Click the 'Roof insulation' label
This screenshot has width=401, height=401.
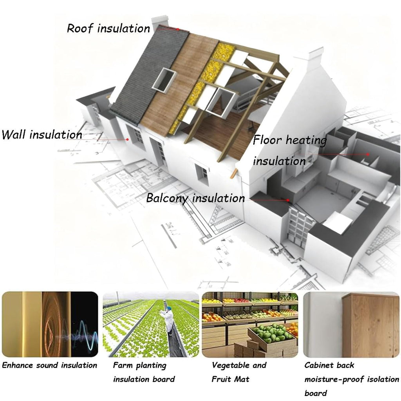tap(108, 28)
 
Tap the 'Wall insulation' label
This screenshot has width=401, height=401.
tap(42, 135)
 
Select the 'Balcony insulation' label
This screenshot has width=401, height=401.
tap(195, 198)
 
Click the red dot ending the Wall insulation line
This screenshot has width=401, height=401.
tap(127, 139)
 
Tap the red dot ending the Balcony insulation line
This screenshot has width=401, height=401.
tap(288, 200)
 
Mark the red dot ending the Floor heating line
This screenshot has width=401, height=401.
tap(367, 154)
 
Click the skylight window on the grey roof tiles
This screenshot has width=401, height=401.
tap(164, 79)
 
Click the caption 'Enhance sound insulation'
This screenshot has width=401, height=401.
tap(50, 365)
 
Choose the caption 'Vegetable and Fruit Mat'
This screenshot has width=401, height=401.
tap(239, 372)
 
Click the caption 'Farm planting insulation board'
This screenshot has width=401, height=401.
tap(144, 372)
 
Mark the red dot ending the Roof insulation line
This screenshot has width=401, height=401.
tap(177, 29)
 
